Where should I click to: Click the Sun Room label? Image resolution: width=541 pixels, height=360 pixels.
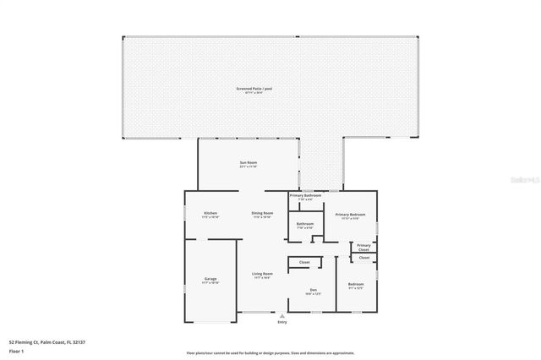click(248, 162)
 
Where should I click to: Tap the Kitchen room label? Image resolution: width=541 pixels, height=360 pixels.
click(210, 213)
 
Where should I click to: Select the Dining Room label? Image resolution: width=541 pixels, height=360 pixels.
click(262, 213)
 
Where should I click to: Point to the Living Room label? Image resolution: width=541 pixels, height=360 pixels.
click(262, 273)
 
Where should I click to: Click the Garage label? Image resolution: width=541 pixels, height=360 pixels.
click(210, 278)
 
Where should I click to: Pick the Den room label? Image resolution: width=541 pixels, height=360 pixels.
click(313, 290)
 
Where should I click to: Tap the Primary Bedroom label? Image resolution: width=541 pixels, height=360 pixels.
click(351, 215)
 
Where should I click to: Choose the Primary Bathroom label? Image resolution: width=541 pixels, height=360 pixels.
click(305, 195)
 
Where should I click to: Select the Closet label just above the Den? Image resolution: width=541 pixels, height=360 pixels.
click(304, 262)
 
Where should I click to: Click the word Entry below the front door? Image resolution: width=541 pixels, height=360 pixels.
click(282, 322)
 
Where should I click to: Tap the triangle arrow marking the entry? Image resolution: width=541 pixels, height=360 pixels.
click(282, 316)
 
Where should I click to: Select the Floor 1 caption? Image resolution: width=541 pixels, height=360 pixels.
click(17, 350)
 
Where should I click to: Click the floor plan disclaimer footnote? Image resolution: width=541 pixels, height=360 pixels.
click(270, 353)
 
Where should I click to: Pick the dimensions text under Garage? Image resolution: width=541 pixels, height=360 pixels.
click(210, 282)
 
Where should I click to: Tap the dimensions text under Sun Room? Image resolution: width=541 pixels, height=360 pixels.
click(248, 166)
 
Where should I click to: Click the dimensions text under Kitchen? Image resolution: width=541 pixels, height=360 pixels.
click(210, 217)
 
